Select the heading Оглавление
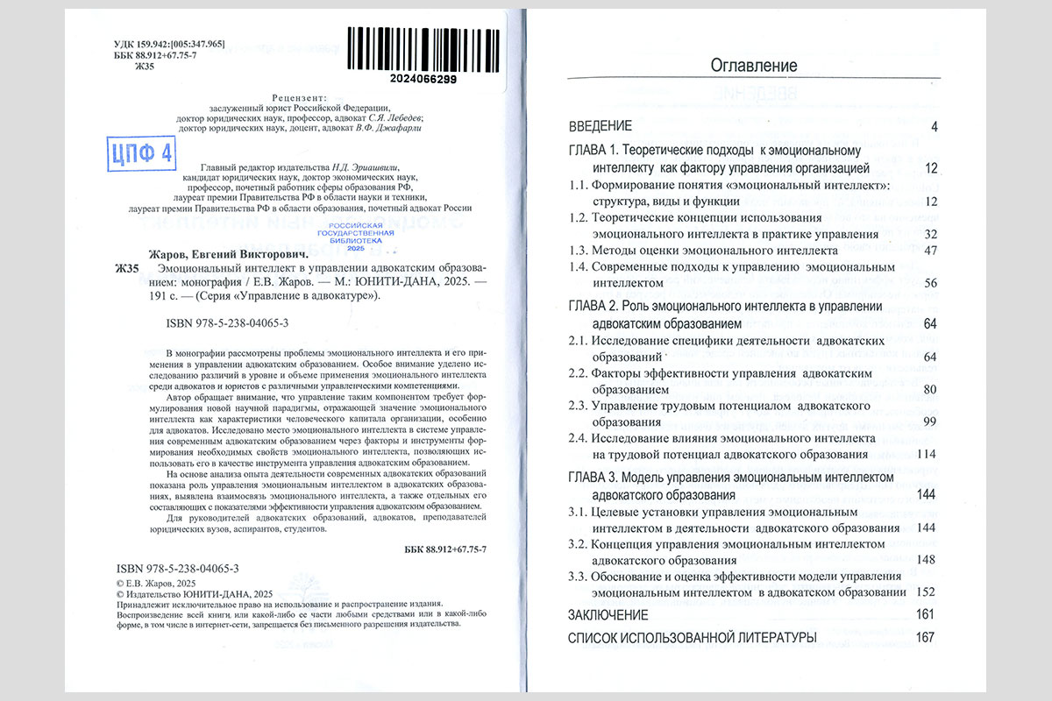coord(753,66)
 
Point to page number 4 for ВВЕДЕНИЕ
coord(935,128)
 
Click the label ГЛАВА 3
coord(594,478)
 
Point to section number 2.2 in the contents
coord(577,373)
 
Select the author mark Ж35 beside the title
coord(127,268)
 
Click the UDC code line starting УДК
coord(170,44)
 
